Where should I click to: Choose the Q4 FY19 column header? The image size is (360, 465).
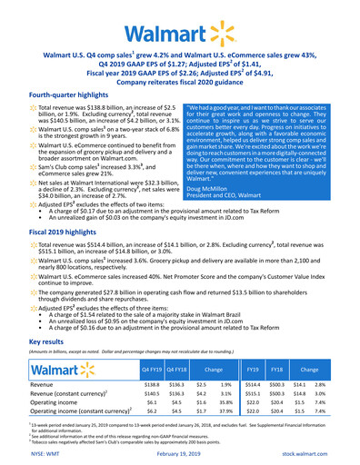tap(151, 371)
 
